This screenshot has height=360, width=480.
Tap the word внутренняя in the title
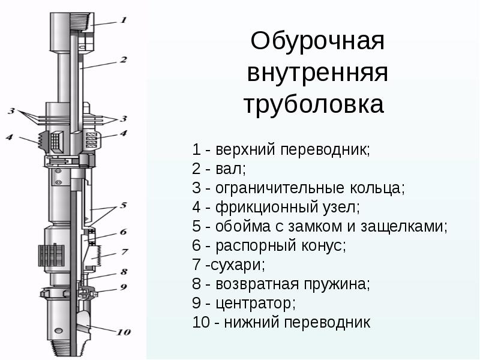pos(317,74)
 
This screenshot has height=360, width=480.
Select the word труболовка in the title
pos(313,105)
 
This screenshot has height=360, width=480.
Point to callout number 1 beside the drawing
pos(123,20)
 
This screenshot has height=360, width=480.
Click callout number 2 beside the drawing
pos(123,59)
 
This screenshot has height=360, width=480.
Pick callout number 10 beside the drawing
pos(123,332)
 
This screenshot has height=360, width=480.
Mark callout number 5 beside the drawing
pos(123,205)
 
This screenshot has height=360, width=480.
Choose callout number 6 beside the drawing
pos(123,232)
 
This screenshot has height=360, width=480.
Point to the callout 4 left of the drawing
pos(10,137)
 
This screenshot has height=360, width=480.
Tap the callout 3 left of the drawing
pos(11,111)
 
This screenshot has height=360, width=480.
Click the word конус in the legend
pos(324,245)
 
